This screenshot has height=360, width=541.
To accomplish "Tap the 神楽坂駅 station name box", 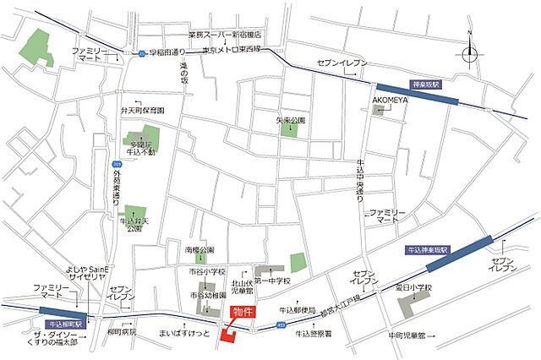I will [428, 85].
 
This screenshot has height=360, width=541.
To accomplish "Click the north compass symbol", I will [469, 52].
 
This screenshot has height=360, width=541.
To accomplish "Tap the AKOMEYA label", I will [389, 99].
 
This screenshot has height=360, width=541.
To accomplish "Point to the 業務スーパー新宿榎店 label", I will [225, 35].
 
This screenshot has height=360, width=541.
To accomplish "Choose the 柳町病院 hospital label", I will [123, 332].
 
